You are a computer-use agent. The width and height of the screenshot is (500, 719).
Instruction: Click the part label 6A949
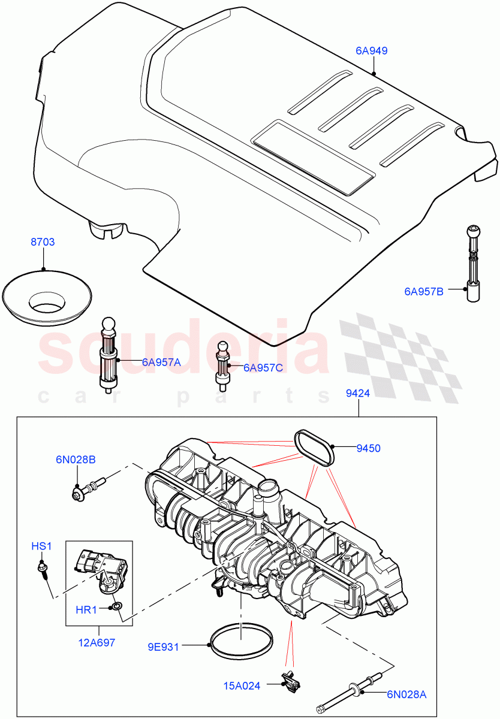click(x=372, y=51)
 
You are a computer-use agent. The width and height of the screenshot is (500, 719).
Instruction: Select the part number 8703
click(x=43, y=242)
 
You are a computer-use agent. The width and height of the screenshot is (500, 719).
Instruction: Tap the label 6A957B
click(x=424, y=292)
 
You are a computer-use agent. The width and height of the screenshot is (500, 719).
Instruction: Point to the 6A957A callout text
click(x=161, y=362)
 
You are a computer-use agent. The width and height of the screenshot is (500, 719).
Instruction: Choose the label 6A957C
click(x=263, y=367)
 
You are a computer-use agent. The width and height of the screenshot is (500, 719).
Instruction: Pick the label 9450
click(x=368, y=448)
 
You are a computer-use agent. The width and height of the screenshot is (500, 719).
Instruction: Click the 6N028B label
click(x=76, y=460)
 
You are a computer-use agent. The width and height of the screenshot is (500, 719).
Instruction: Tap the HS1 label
click(x=42, y=546)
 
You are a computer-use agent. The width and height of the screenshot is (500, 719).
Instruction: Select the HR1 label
click(x=86, y=609)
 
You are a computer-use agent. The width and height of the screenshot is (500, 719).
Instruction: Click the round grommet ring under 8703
click(x=47, y=296)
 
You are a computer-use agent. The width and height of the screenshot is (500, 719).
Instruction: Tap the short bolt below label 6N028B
click(x=88, y=486)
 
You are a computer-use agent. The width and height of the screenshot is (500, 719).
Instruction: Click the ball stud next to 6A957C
click(x=222, y=364)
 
